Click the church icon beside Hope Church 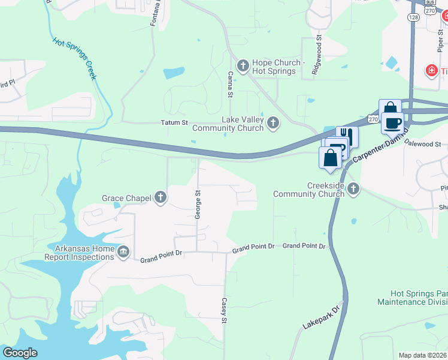pyautogui.click(x=243, y=65)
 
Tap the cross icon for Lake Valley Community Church pyautogui.click(x=273, y=124)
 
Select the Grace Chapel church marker pyautogui.click(x=160, y=197)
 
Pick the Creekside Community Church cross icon pyautogui.click(x=353, y=190)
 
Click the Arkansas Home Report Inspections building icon pyautogui.click(x=123, y=251)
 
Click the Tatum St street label pyautogui.click(x=174, y=123)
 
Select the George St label pyautogui.click(x=197, y=204)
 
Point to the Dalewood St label pyautogui.click(x=423, y=144)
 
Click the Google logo pyautogui.click(x=20, y=353)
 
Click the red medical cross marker pyautogui.click(x=430, y=71)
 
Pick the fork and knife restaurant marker pyautogui.click(x=347, y=136)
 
